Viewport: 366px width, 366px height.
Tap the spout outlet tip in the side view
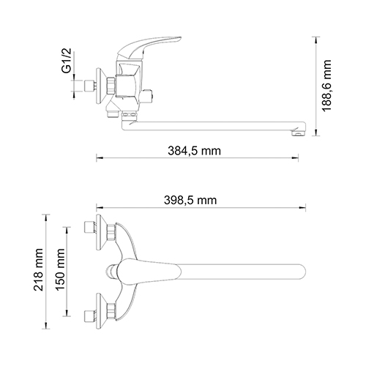coord(297,132)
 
